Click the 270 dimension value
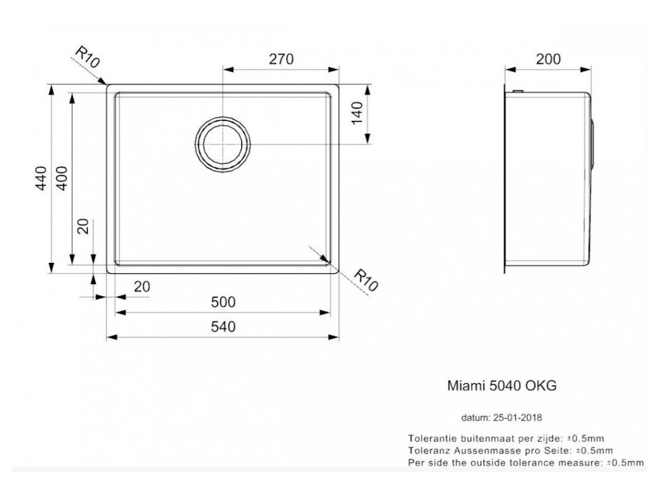(x=280, y=59)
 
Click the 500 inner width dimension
(x=223, y=303)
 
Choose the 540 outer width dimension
(x=223, y=327)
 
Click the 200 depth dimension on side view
(x=548, y=59)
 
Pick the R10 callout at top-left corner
(x=87, y=57)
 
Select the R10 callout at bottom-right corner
(x=366, y=280)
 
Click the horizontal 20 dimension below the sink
(x=143, y=287)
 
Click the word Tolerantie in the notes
(x=430, y=438)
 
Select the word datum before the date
(x=474, y=417)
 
